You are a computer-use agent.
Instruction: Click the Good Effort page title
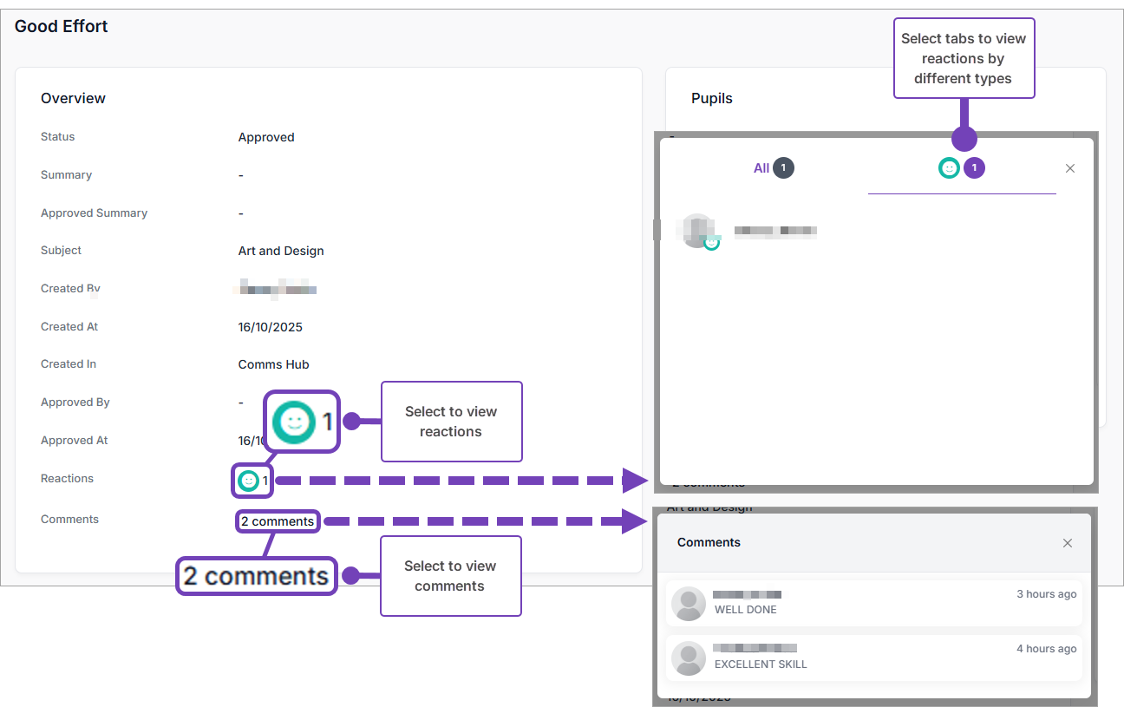[62, 26]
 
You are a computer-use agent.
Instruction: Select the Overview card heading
[73, 98]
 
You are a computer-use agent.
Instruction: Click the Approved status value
[266, 137]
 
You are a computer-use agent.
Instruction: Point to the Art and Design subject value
[281, 251]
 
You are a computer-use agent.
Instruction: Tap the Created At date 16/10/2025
[271, 327]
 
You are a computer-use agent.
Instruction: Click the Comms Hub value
[273, 364]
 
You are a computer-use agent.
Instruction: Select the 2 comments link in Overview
[278, 521]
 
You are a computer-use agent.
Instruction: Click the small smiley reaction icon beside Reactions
[249, 480]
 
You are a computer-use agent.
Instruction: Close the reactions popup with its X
[1070, 168]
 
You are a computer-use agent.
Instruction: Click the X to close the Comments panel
[1068, 543]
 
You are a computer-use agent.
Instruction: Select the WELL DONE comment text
[745, 610]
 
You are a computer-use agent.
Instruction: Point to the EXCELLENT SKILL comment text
[761, 664]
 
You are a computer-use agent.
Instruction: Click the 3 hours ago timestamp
[1046, 594]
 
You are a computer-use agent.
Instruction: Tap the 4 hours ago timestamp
[1046, 649]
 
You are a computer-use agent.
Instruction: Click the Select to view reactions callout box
[451, 422]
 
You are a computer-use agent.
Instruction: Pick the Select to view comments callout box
[450, 576]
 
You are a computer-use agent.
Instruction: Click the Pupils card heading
[712, 98]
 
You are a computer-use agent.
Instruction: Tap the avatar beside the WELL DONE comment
[689, 604]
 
